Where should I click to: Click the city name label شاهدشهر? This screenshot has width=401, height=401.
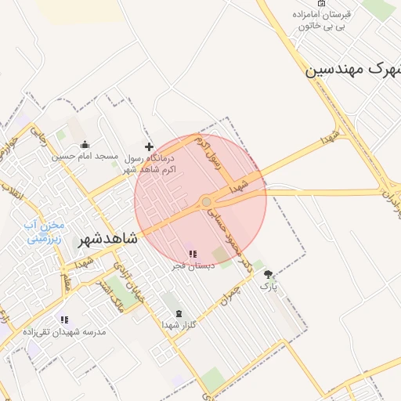(108, 238)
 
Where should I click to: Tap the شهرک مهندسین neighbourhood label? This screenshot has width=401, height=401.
(352, 70)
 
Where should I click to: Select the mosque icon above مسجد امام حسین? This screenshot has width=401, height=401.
(85, 144)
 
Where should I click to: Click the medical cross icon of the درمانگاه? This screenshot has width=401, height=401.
(149, 146)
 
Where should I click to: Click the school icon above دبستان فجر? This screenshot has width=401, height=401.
(192, 254)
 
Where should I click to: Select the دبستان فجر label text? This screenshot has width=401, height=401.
(190, 266)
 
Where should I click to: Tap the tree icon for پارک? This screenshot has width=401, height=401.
(269, 275)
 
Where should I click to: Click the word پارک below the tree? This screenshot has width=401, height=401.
(269, 287)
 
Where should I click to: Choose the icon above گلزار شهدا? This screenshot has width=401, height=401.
(178, 313)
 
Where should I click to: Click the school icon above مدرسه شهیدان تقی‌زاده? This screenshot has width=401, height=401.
(64, 320)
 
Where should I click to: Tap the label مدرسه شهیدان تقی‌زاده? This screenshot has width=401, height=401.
(68, 332)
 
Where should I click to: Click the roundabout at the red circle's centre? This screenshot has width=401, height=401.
(206, 202)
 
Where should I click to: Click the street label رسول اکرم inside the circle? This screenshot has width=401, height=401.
(211, 154)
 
